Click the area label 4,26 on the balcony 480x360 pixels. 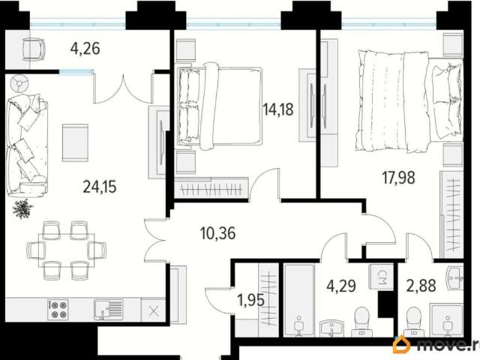click(85, 48)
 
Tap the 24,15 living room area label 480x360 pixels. click(100, 187)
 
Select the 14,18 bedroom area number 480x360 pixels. click(278, 109)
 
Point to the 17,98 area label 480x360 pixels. click(398, 178)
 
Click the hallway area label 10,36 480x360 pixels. click(218, 233)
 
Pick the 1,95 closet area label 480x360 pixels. click(251, 300)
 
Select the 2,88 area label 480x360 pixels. click(421, 286)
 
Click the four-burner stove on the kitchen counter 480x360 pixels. click(58, 310)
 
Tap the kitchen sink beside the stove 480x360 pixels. click(108, 310)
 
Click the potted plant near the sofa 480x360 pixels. click(22, 208)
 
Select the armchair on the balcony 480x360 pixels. click(34, 49)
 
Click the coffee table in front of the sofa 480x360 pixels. click(75, 142)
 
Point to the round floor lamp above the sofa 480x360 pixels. click(19, 84)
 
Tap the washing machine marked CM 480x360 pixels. click(382, 277)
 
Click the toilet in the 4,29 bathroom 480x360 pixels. click(362, 322)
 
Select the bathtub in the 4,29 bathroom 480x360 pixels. click(299, 300)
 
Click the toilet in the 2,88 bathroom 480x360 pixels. click(414, 322)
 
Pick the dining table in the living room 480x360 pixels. click(67, 250)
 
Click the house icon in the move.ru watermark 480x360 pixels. click(402, 345)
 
